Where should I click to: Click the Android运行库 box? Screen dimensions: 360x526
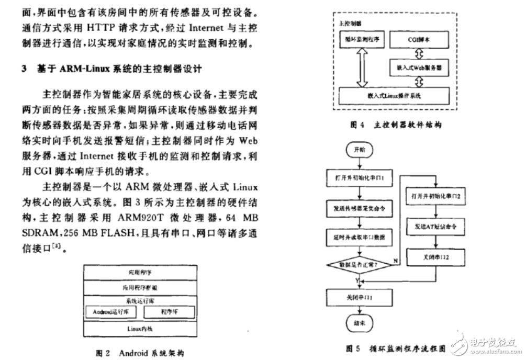(x=110, y=312)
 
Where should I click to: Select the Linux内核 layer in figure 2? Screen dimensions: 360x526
(x=140, y=329)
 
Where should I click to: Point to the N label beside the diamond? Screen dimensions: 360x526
(x=396, y=260)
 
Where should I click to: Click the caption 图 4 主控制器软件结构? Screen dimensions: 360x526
(x=397, y=126)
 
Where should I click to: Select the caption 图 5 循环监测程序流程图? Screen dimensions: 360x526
(x=397, y=348)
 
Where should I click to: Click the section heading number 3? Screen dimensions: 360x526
(x=23, y=69)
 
